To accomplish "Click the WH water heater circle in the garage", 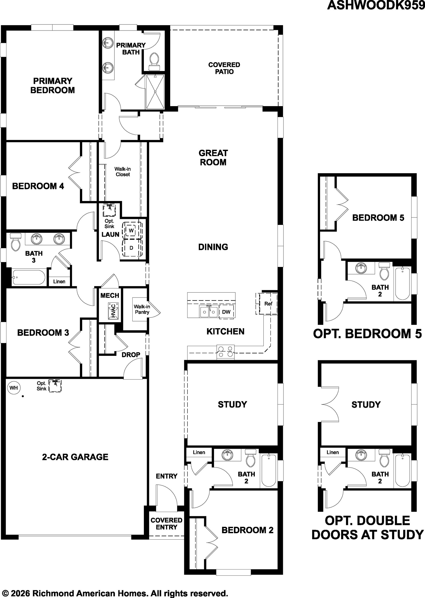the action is (14, 388).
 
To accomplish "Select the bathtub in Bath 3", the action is (29, 277).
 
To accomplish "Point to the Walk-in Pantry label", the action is (142, 309).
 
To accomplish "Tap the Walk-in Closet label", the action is (122, 172).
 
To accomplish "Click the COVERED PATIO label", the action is (224, 68).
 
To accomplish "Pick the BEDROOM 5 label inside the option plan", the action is (378, 218).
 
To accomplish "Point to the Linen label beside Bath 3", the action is (59, 281).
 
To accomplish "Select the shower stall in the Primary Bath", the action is (155, 92).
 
